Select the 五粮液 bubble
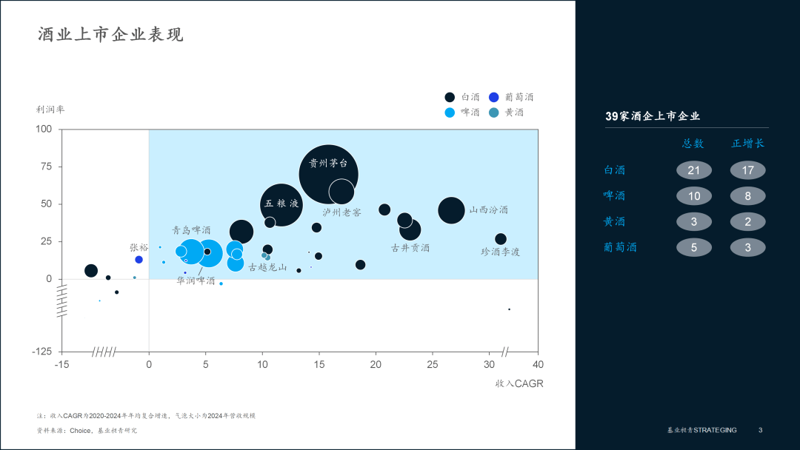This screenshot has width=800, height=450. point(281,204)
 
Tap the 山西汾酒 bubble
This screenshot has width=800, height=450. point(451,210)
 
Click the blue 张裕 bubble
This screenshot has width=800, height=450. point(139,260)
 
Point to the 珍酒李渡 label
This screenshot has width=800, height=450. point(501,252)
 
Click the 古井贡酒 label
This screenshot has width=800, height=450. point(410,248)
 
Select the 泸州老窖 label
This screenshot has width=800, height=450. point(341,212)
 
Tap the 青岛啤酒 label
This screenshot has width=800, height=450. point(191,231)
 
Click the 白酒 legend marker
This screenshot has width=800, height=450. point(450,97)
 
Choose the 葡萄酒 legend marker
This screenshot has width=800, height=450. point(493,97)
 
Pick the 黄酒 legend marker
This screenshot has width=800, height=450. point(493,113)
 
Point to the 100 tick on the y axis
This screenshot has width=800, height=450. point(44,130)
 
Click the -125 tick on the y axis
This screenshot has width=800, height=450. point(42,352)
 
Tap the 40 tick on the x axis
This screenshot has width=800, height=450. point(538,365)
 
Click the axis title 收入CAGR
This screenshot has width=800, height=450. point(519,383)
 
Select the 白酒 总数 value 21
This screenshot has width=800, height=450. point(694,170)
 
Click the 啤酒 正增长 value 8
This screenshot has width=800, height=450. point(747,196)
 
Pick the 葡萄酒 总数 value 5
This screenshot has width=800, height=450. point(694,247)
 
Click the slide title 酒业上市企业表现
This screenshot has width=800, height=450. point(110,35)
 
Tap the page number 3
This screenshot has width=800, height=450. point(760,430)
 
